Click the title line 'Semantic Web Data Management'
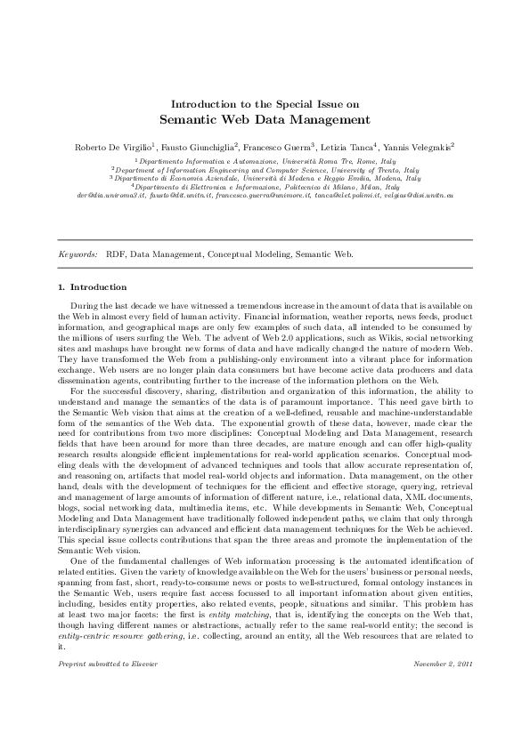265,118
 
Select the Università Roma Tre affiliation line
265,160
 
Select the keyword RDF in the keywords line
116,254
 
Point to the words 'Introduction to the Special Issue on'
265,103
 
